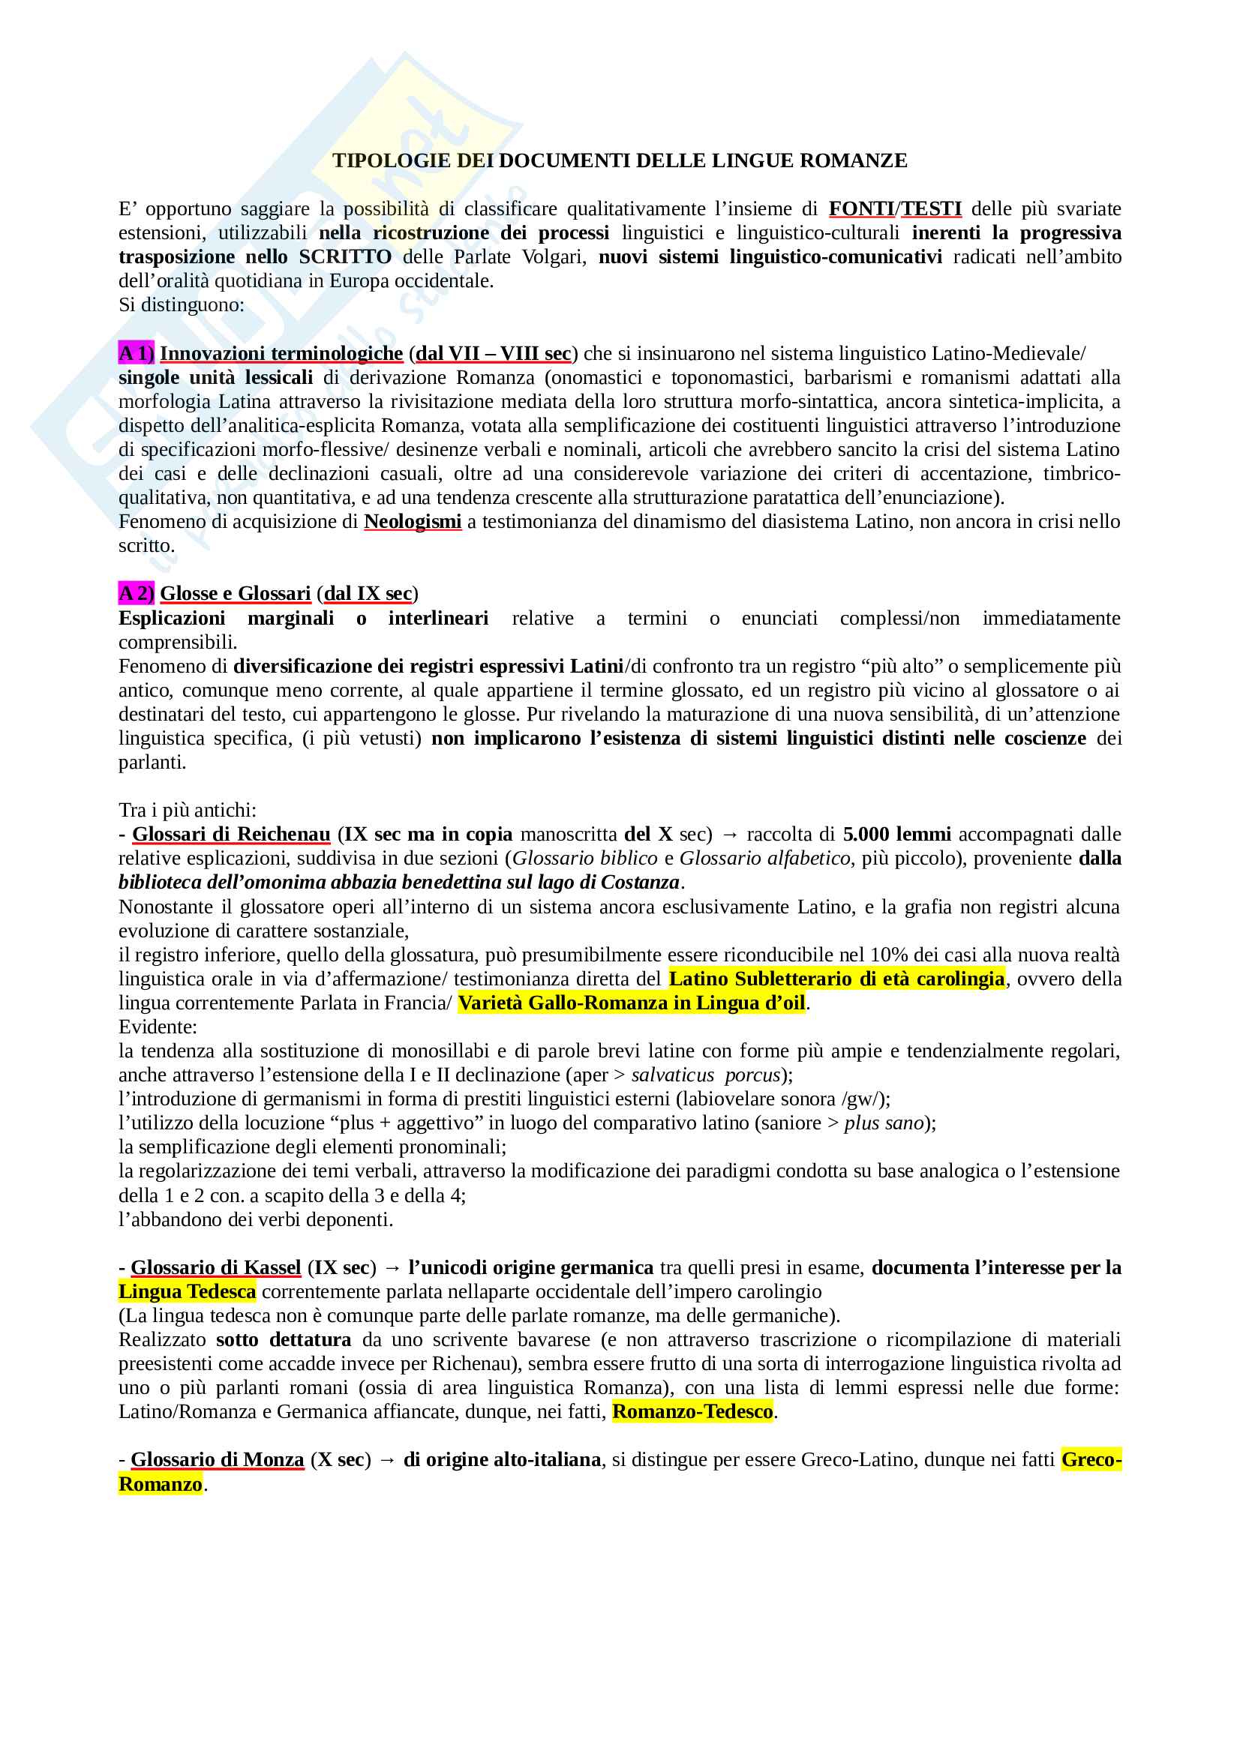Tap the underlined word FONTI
861,208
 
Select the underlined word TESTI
932,208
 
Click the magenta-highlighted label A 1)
136,353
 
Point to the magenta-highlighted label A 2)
136,594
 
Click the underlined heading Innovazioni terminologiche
281,353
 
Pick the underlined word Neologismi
413,522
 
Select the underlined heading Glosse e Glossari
236,594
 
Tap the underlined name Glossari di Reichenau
231,834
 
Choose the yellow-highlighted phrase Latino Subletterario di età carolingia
836,979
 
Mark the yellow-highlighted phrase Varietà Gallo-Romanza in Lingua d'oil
632,1003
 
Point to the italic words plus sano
884,1123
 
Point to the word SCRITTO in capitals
345,256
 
